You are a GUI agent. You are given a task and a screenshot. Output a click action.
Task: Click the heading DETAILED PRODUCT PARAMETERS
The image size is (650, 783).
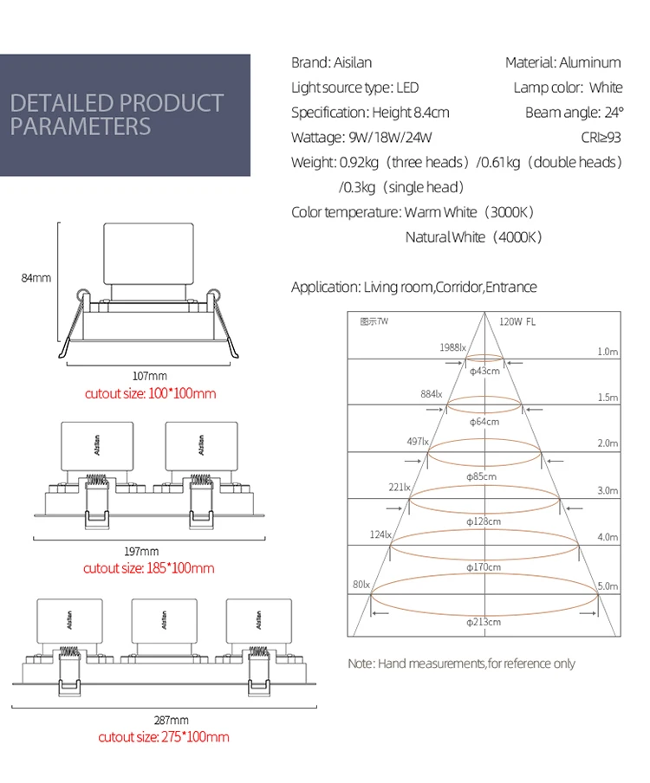point(117,114)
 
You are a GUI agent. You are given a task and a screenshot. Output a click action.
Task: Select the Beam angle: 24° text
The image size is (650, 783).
point(574,113)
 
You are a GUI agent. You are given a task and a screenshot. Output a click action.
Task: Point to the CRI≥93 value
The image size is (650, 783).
point(601,138)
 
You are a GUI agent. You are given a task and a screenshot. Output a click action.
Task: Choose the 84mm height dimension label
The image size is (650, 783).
point(36,278)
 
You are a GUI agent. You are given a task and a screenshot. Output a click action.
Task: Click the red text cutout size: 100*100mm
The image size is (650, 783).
point(150,393)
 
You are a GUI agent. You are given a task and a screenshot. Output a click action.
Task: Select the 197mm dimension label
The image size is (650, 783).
point(142,551)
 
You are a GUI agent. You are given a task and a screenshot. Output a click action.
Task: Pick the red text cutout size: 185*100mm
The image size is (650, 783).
point(148,568)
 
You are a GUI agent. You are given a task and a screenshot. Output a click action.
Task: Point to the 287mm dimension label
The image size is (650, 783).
point(171,720)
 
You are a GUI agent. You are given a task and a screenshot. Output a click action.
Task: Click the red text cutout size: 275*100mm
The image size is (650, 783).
point(164,737)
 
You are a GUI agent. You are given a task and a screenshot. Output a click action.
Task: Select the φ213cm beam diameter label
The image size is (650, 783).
point(484,621)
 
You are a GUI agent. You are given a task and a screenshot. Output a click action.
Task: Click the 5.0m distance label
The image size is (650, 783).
point(608,586)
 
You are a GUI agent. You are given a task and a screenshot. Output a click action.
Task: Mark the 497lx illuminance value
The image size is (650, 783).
point(418,442)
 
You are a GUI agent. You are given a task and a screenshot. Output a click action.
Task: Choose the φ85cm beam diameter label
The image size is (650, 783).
point(482,476)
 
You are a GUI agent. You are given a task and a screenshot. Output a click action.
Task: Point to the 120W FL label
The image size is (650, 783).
point(517,321)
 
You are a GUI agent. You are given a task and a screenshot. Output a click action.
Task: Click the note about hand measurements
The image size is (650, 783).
point(461,663)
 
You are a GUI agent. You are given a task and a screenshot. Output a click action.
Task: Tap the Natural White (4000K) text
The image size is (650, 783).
point(473,237)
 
